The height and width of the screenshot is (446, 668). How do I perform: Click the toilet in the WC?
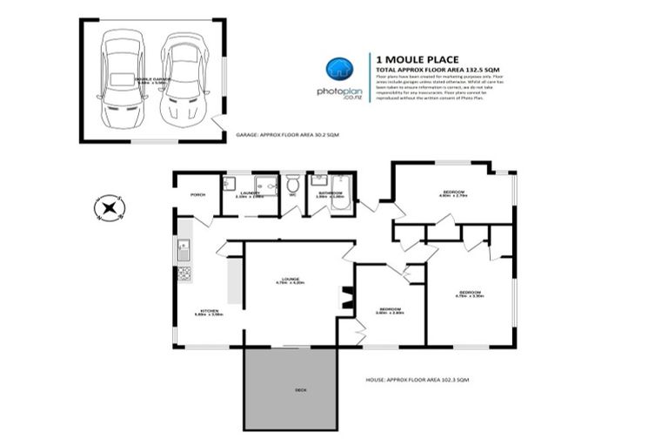[293, 186]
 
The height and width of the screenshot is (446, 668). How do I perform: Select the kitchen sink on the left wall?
[184, 250]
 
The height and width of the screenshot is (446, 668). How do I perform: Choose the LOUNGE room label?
[289, 279]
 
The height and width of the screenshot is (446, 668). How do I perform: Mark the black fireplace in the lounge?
[345, 299]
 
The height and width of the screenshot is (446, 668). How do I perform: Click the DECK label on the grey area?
[290, 389]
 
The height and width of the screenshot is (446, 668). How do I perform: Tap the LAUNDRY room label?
[249, 193]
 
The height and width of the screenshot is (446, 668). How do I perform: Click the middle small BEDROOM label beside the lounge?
[389, 309]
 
